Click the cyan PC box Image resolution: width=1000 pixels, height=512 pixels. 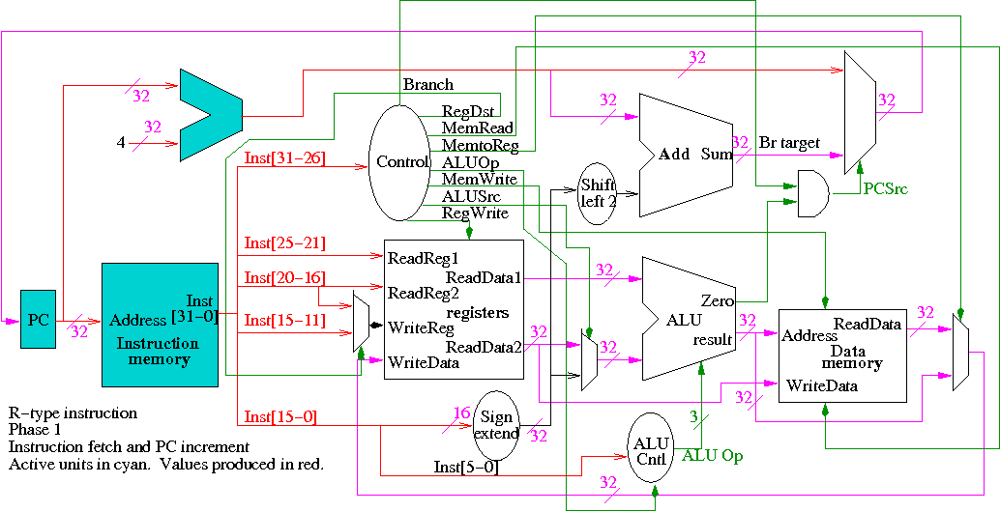pyautogui.click(x=38, y=320)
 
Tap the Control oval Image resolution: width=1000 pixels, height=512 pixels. pyautogui.click(x=400, y=162)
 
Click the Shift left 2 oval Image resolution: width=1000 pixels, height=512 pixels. pyautogui.click(x=598, y=194)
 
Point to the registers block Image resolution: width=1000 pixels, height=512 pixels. pyautogui.click(x=454, y=309)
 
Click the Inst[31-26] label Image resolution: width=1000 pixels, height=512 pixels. pyautogui.click(x=284, y=157)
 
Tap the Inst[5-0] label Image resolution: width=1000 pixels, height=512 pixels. pyautogui.click(x=466, y=468)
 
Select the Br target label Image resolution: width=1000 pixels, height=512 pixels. pyautogui.click(x=790, y=143)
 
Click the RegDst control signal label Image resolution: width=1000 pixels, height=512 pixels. pyautogui.click(x=469, y=111)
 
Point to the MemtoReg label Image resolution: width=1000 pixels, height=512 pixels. pyautogui.click(x=480, y=146)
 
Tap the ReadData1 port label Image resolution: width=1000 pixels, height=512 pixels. pyautogui.click(x=484, y=277)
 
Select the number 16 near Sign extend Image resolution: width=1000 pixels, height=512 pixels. pyautogui.click(x=461, y=413)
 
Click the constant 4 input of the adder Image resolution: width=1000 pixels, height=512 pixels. pyautogui.click(x=121, y=143)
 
